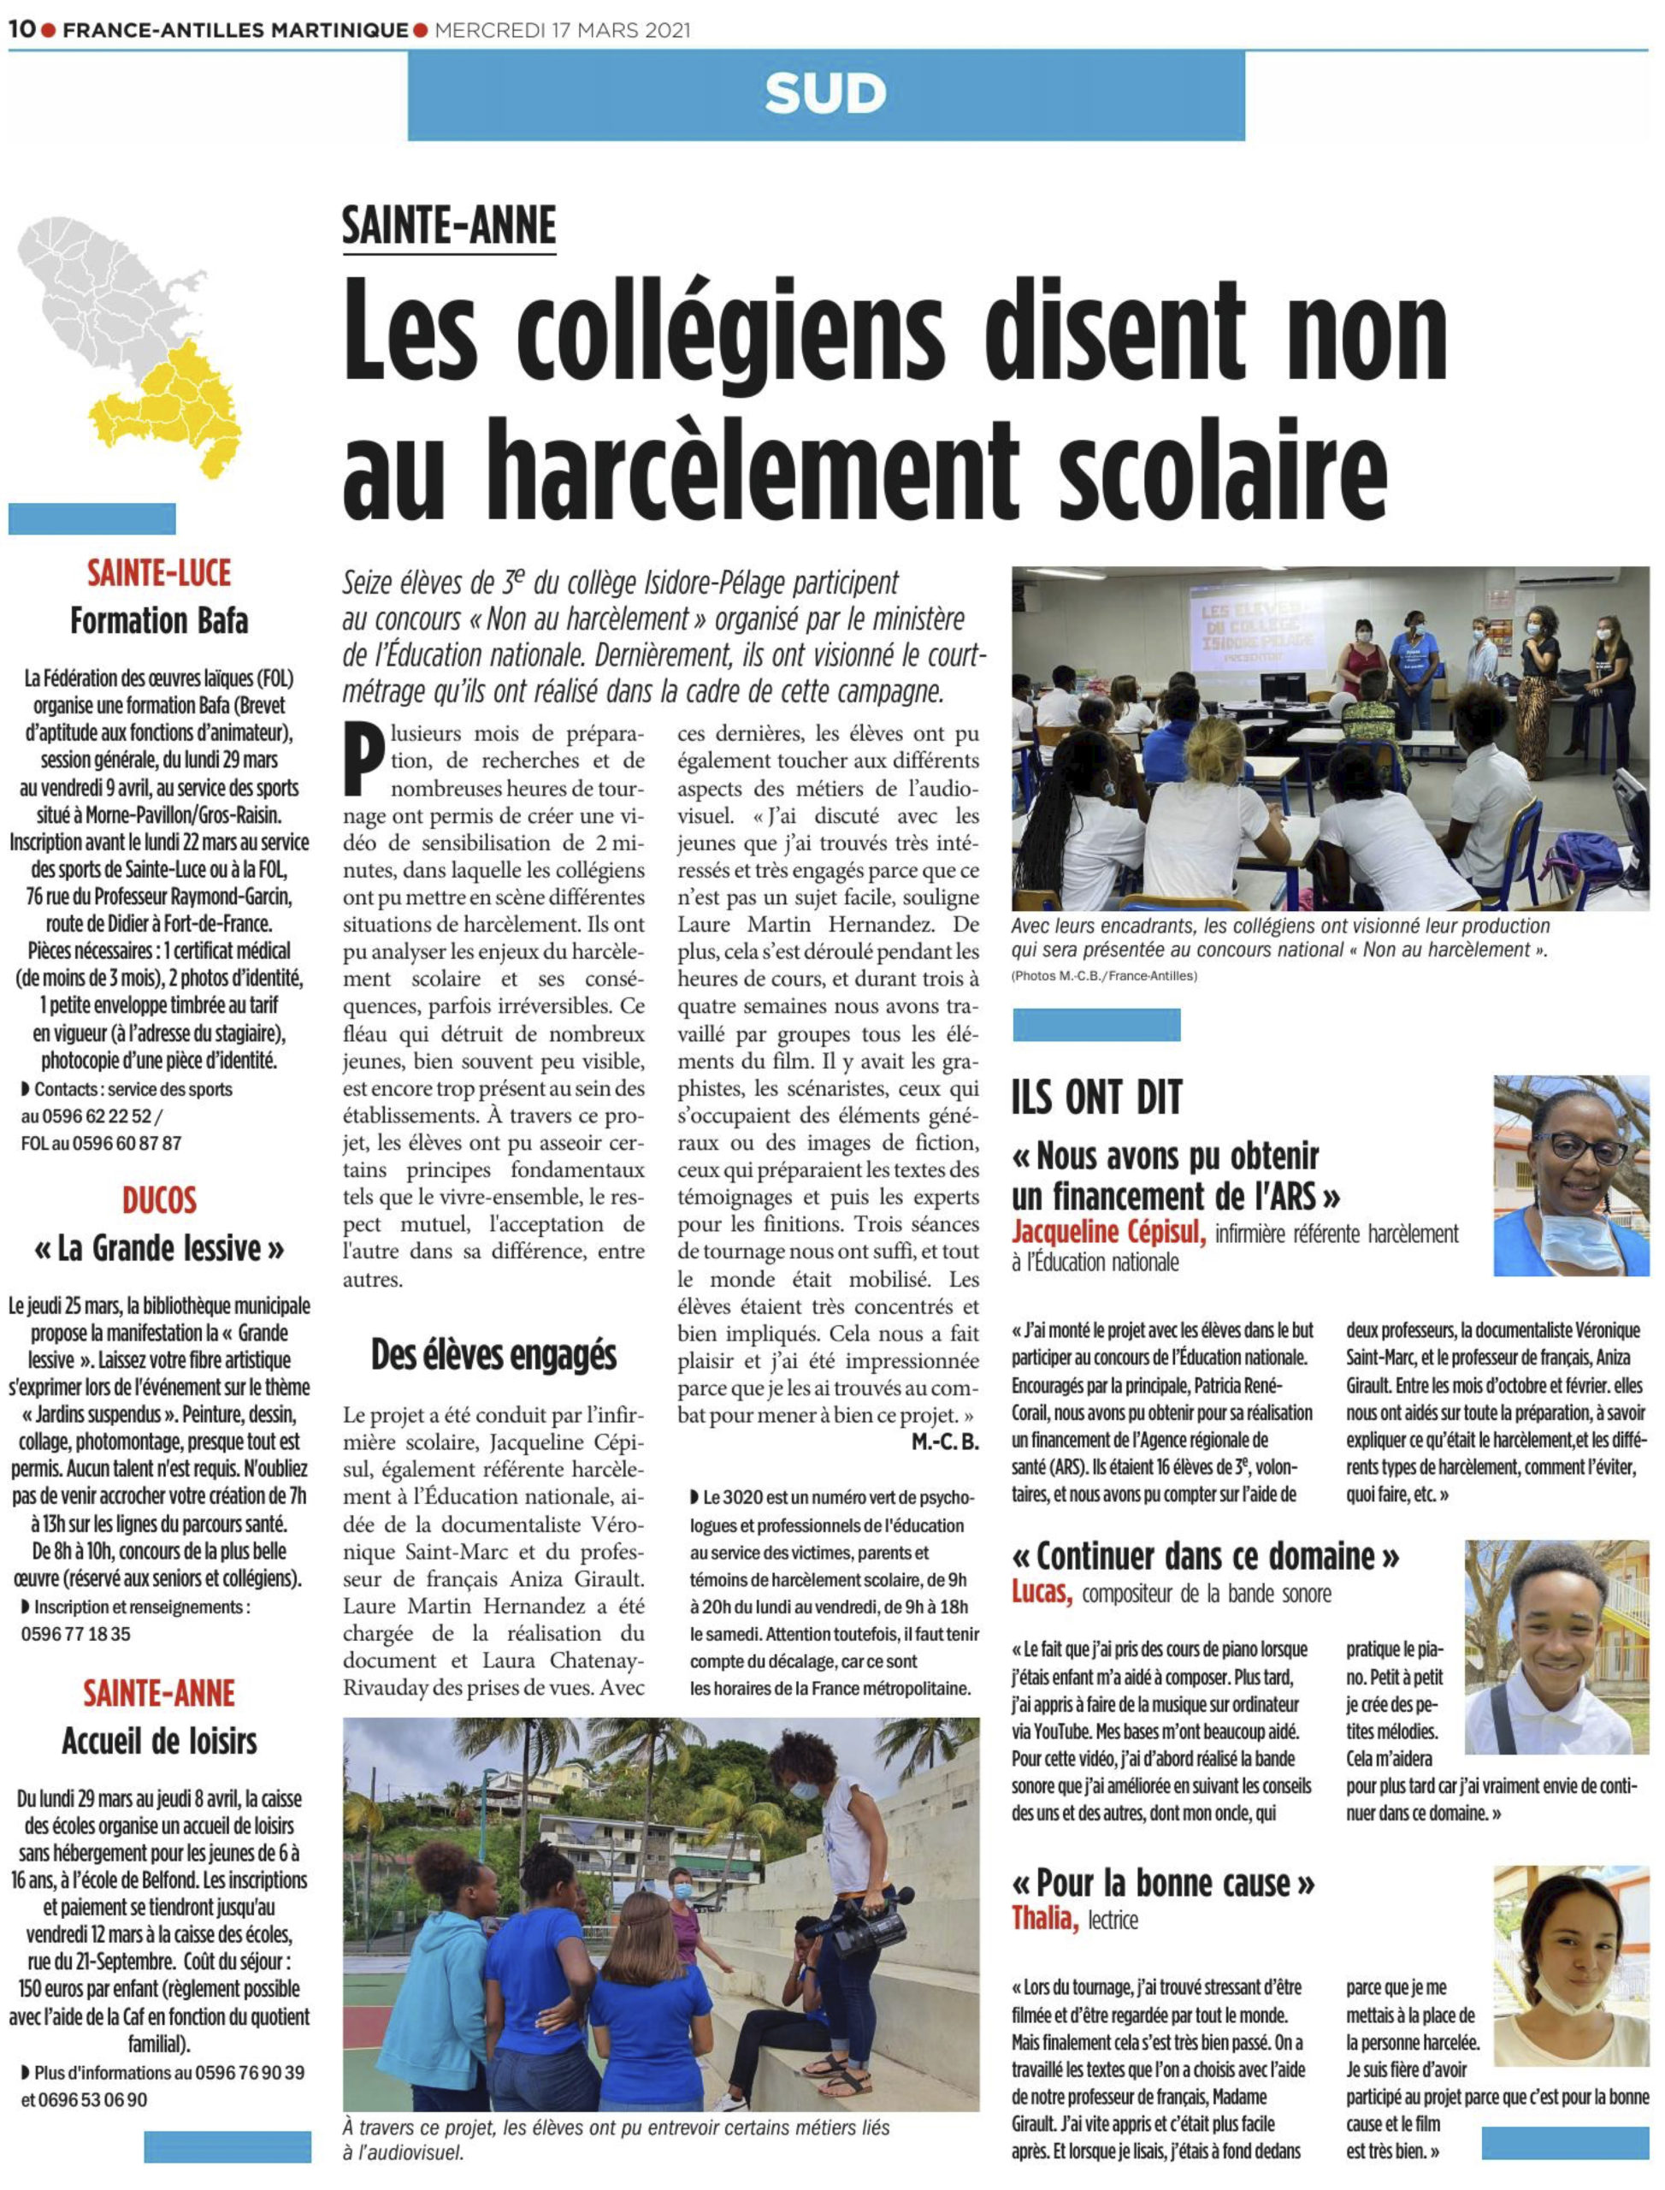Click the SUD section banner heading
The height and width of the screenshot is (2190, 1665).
pyautogui.click(x=825, y=95)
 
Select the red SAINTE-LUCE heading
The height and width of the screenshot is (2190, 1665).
pyautogui.click(x=158, y=573)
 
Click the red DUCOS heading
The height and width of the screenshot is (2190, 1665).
pyautogui.click(x=158, y=1200)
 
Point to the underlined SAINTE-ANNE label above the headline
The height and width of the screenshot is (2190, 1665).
pyautogui.click(x=449, y=225)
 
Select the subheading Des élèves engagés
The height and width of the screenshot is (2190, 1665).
pyautogui.click(x=493, y=1354)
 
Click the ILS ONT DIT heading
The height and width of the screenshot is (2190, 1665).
pyautogui.click(x=1097, y=1097)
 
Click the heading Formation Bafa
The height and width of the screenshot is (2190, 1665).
pyautogui.click(x=158, y=622)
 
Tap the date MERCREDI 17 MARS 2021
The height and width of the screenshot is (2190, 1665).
pyautogui.click(x=562, y=30)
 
